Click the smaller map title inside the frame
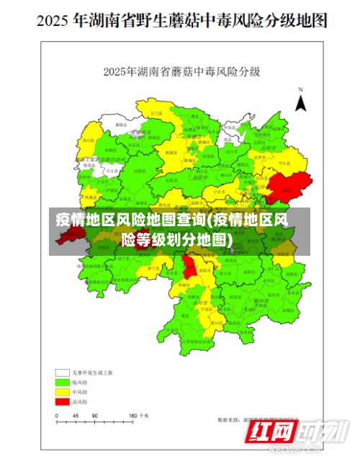(x=181, y=72)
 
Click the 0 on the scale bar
(x=56, y=416)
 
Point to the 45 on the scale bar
(x=75, y=416)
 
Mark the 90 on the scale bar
(x=94, y=416)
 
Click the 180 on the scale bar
(x=132, y=416)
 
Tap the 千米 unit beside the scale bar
(x=145, y=416)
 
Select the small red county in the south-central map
(x=189, y=267)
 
